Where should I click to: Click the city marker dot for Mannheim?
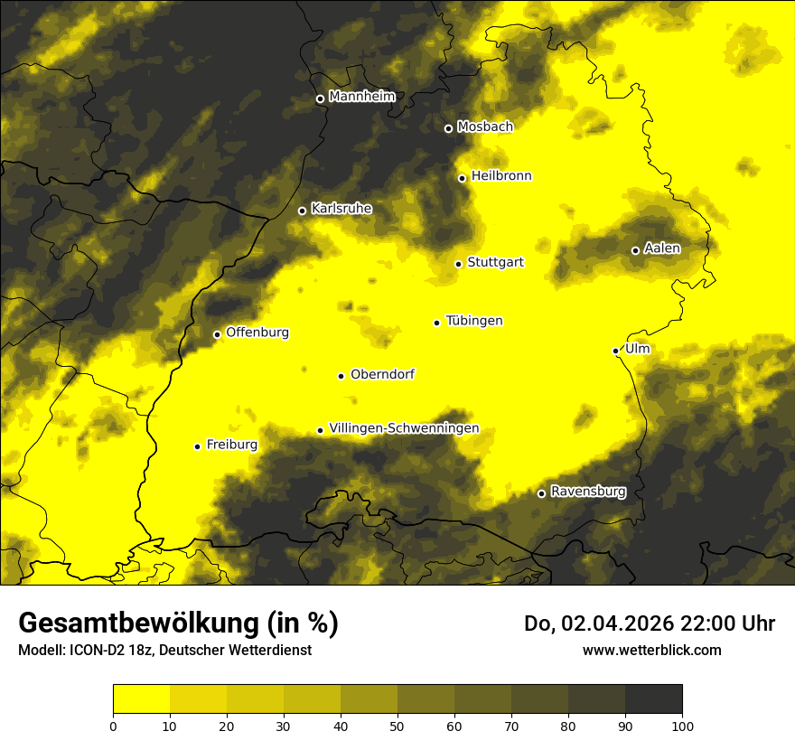[x=320, y=99]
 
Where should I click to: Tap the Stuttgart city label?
[x=495, y=262]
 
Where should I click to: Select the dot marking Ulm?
[x=615, y=351]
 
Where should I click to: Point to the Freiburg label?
[x=231, y=445]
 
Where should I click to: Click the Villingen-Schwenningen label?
[x=404, y=428]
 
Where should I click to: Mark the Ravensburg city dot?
[x=541, y=493]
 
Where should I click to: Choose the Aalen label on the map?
[x=661, y=248]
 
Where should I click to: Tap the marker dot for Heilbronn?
[x=462, y=178]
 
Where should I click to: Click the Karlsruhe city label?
[x=341, y=209]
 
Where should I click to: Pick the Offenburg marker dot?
[x=217, y=334]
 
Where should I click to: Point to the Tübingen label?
[x=473, y=321]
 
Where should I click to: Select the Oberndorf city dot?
[x=341, y=376]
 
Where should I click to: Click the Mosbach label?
[x=484, y=127]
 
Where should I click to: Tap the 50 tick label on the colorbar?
[x=397, y=726]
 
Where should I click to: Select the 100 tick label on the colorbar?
[x=682, y=726]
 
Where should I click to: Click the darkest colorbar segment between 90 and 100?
[x=653, y=699]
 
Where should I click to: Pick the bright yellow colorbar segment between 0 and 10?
[x=142, y=699]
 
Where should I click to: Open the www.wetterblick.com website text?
[x=651, y=650]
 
